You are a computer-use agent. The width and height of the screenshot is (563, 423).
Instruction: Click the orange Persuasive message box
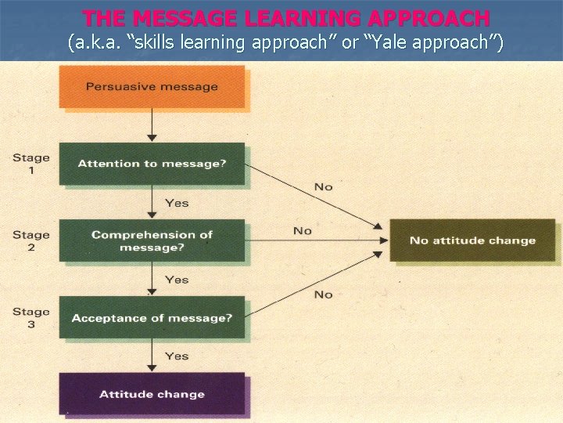[x=152, y=86]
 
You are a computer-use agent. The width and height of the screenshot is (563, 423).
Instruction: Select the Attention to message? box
[x=152, y=164]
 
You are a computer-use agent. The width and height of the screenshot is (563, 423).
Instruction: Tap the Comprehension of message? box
[x=152, y=240]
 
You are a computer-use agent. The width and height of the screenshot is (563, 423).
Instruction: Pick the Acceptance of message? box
[x=152, y=318]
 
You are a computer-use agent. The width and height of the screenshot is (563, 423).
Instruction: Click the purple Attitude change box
[x=152, y=394]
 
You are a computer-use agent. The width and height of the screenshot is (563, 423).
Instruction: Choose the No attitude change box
[x=472, y=240]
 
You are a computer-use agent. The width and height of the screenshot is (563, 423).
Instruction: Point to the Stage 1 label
[x=30, y=164]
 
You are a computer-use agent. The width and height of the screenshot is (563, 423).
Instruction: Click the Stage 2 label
[x=30, y=240]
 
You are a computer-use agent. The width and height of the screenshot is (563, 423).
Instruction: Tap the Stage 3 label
[x=30, y=318]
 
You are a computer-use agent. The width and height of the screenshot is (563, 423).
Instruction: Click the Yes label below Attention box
[x=177, y=203]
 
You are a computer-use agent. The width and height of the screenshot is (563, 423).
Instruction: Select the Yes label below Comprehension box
[x=177, y=280]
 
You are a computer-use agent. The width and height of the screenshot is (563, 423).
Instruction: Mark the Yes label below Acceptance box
[x=177, y=356]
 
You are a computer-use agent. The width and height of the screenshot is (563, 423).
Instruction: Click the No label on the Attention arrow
[x=323, y=186]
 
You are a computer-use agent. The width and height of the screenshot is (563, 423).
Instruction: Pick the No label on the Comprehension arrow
[x=302, y=230]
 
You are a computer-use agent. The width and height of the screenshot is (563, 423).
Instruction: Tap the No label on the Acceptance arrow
[x=323, y=295]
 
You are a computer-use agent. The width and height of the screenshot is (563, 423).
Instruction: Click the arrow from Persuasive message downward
[x=152, y=125]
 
